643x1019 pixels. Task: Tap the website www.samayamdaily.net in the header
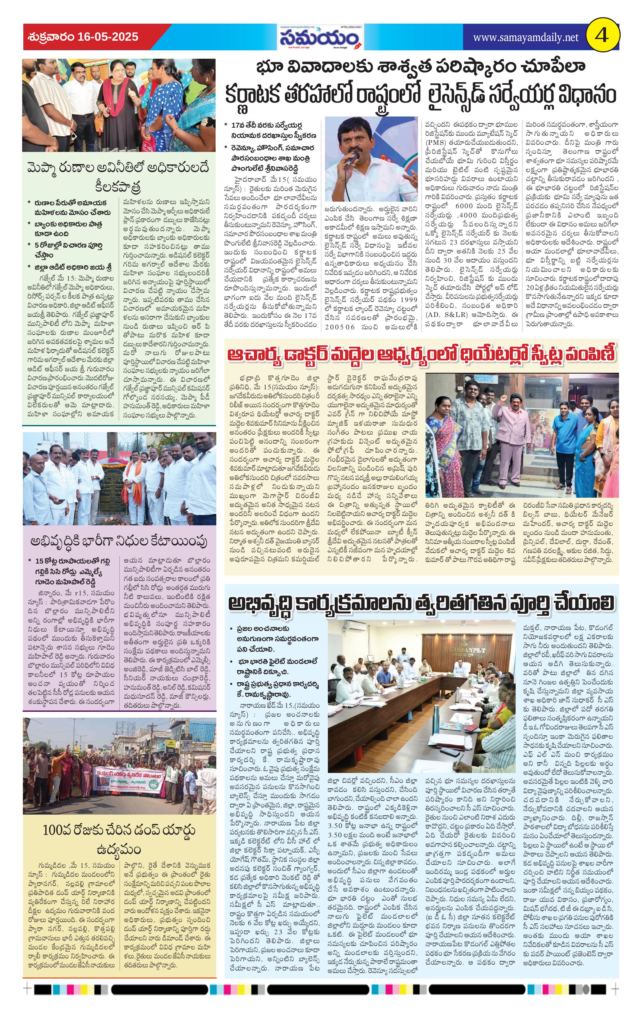(525, 38)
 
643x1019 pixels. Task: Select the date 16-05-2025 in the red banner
(108, 37)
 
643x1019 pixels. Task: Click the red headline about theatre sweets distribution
(421, 354)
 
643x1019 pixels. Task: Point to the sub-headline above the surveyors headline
(420, 66)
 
